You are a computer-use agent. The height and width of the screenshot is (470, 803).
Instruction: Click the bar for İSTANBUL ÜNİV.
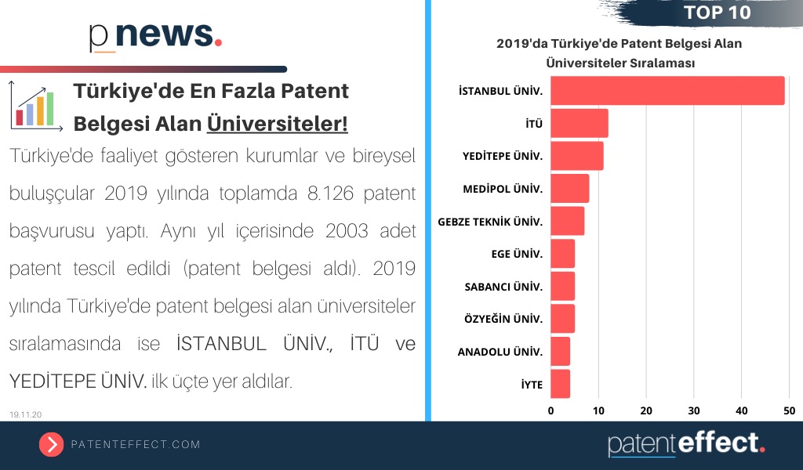tap(667, 91)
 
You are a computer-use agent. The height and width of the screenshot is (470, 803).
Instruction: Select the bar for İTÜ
tap(580, 124)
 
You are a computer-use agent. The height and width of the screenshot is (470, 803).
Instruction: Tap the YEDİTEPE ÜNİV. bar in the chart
tap(577, 156)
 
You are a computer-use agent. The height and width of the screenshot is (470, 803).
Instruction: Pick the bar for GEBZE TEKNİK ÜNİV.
tap(568, 221)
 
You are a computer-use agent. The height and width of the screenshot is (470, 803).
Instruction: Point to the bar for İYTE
tap(560, 384)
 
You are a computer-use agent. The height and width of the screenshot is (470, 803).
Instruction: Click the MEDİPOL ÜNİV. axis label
tap(503, 189)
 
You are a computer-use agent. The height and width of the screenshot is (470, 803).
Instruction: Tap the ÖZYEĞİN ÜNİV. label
tap(503, 319)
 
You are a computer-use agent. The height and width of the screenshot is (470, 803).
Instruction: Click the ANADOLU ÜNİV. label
tap(500, 352)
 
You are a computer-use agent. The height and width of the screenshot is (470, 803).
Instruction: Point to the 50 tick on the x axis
tap(789, 410)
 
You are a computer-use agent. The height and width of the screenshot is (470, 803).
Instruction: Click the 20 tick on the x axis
tap(646, 410)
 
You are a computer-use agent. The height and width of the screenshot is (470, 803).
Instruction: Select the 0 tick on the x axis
tap(550, 410)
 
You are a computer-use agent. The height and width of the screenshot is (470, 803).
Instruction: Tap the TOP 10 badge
tap(717, 13)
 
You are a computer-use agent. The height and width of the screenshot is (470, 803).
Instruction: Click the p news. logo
tap(155, 35)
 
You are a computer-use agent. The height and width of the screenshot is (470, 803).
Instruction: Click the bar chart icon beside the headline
tap(37, 107)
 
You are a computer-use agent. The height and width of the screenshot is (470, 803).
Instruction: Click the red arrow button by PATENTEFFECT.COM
tap(51, 444)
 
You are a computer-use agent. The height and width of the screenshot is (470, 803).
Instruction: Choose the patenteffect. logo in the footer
tap(686, 443)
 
